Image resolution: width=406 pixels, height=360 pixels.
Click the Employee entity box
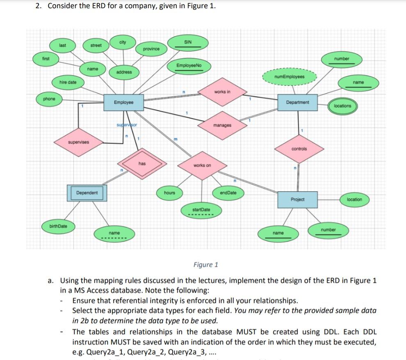click(123, 102)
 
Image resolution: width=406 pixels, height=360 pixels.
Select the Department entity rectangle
click(297, 102)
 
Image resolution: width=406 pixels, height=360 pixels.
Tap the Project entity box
click(297, 199)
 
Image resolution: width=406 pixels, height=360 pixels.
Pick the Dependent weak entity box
click(87, 193)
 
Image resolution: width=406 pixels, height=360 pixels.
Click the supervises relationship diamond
click(78, 142)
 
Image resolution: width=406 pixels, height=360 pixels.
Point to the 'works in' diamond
click(222, 92)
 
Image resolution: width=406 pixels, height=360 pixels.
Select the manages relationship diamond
click(222, 125)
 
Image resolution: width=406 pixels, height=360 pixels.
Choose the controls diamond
click(299, 149)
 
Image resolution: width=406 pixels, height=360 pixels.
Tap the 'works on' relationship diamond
click(202, 165)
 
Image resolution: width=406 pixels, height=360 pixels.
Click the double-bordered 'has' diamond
click(142, 164)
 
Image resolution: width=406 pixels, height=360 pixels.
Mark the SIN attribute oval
click(187, 43)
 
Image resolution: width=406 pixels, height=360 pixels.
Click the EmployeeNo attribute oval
click(188, 66)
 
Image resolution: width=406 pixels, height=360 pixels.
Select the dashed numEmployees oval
click(290, 77)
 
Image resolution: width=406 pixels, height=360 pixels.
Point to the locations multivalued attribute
click(342, 106)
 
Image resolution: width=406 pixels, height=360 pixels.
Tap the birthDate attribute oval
click(58, 226)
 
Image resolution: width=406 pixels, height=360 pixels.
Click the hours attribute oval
click(169, 193)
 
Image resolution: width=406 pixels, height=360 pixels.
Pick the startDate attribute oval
click(201, 210)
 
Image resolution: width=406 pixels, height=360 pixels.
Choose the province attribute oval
click(151, 49)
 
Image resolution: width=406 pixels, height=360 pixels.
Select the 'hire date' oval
click(68, 83)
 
